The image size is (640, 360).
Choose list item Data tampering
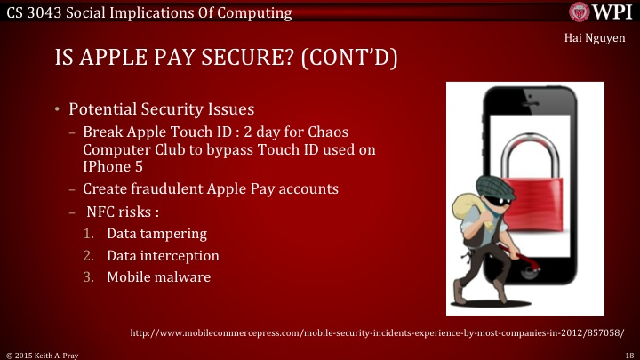(x=156, y=234)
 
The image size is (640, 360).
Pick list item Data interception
(x=163, y=256)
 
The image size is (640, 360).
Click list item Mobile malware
(x=158, y=277)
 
